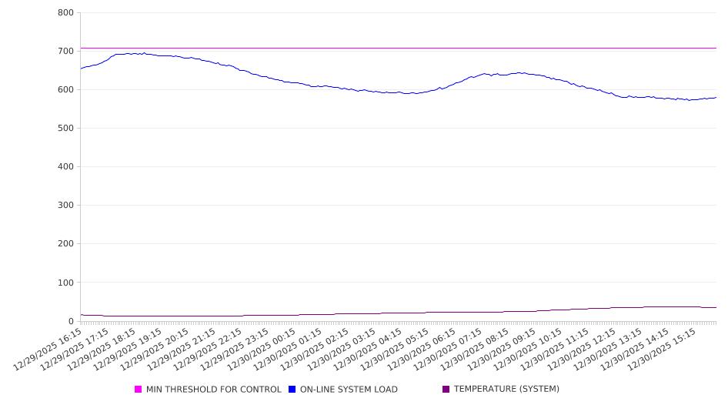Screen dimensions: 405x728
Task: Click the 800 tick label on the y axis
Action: click(65, 13)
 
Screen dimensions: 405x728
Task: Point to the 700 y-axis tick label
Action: click(65, 52)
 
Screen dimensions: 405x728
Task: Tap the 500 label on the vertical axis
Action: click(65, 129)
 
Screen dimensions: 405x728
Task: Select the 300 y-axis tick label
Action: click(65, 206)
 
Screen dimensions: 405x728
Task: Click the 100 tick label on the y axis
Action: click(65, 283)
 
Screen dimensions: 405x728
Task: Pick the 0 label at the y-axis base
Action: click(70, 321)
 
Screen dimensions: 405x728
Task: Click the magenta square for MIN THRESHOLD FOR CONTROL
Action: click(139, 390)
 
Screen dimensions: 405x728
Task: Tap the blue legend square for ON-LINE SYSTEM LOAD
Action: click(292, 390)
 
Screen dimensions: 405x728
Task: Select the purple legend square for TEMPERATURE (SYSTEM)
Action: click(446, 390)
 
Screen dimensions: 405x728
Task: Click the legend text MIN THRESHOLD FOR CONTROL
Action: click(213, 390)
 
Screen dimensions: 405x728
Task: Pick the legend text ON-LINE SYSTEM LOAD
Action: click(349, 390)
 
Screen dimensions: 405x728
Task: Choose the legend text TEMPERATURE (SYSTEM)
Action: click(506, 390)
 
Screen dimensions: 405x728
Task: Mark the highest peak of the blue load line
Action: click(144, 53)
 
